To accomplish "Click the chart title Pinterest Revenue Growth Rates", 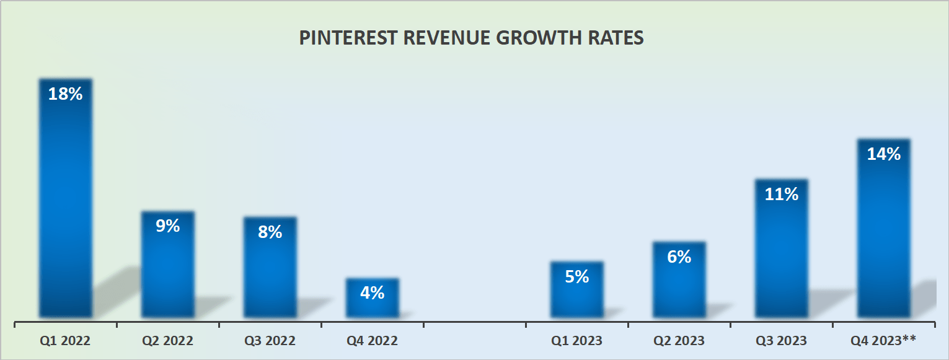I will pyautogui.click(x=471, y=38).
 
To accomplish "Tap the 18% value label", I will pyautogui.click(x=65, y=94).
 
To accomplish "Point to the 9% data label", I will pyautogui.click(x=167, y=226).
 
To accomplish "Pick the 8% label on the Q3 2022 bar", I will pyautogui.click(x=270, y=232).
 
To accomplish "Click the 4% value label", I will pyautogui.click(x=372, y=292).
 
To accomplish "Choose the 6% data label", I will pyautogui.click(x=679, y=257).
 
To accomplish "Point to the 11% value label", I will pyautogui.click(x=781, y=195).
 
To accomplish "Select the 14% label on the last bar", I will pyautogui.click(x=883, y=154).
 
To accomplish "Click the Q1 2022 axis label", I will pyautogui.click(x=65, y=341).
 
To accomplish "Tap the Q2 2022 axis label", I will pyautogui.click(x=167, y=341).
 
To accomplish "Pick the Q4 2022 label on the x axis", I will pyautogui.click(x=372, y=341).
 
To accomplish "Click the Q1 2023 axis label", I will pyautogui.click(x=576, y=341).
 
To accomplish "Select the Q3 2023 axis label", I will pyautogui.click(x=781, y=341).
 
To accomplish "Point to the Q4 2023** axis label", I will pyautogui.click(x=883, y=341).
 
